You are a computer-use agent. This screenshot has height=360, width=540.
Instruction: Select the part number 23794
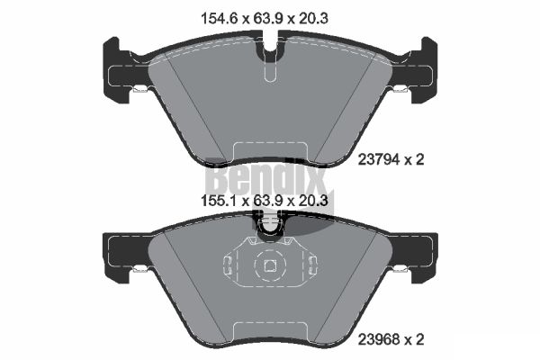click(x=379, y=159)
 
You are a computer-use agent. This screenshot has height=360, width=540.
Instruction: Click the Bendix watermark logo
click(x=267, y=181)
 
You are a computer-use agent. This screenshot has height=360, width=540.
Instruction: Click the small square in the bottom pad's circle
click(x=270, y=265)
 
